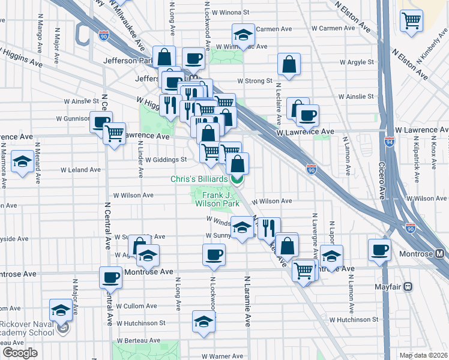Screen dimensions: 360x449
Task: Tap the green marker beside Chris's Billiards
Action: tap(238, 178)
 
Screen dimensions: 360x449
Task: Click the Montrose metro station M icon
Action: tap(441, 254)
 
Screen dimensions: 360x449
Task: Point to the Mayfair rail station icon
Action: tap(409, 287)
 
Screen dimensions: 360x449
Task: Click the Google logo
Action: tap(20, 353)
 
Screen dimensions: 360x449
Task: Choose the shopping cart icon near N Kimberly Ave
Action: tap(412, 20)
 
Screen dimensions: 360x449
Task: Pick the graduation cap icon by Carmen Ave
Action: tap(243, 35)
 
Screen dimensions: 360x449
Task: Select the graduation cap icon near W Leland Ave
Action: tap(23, 162)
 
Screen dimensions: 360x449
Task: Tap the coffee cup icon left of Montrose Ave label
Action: tap(111, 277)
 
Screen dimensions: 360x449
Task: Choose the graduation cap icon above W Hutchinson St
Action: tap(204, 322)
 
